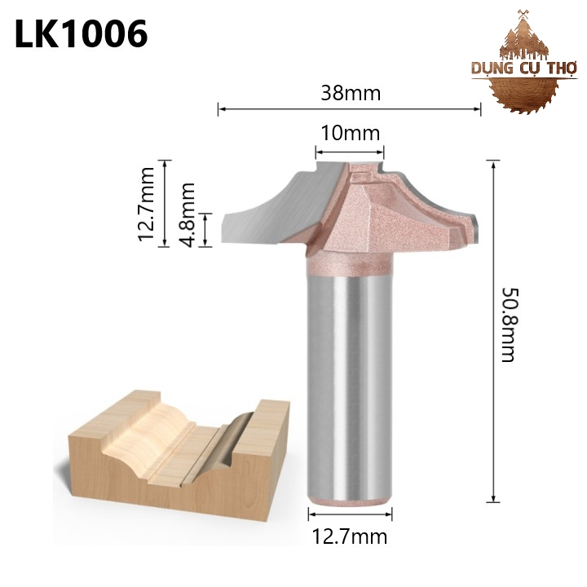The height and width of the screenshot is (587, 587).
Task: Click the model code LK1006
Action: point(81,34)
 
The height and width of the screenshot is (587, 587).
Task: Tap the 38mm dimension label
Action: point(351,93)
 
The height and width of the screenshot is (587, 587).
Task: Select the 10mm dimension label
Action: point(351,133)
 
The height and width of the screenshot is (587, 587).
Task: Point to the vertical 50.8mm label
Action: point(509,324)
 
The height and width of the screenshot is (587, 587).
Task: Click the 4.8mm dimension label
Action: point(188,215)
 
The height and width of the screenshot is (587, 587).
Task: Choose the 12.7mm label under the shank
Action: point(350,536)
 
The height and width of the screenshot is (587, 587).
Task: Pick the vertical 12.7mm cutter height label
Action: point(146,204)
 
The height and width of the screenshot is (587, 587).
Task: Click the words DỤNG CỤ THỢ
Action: point(524,68)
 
